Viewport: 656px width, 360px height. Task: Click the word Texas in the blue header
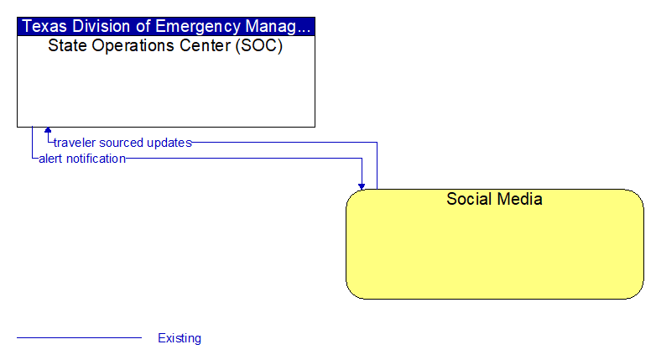coord(44,26)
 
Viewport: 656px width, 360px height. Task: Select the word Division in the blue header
coord(101,26)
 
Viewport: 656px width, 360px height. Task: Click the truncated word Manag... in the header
coord(278,27)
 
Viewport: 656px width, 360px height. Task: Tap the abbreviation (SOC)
coord(259,45)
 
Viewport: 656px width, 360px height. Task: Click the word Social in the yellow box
coord(469,199)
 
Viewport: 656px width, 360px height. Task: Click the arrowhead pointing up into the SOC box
coord(48,130)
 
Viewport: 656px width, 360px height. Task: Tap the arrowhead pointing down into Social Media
coord(362,186)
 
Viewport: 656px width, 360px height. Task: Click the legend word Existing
coord(180,338)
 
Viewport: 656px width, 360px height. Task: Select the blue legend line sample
coord(80,337)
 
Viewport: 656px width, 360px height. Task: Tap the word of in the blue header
coord(143,26)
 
